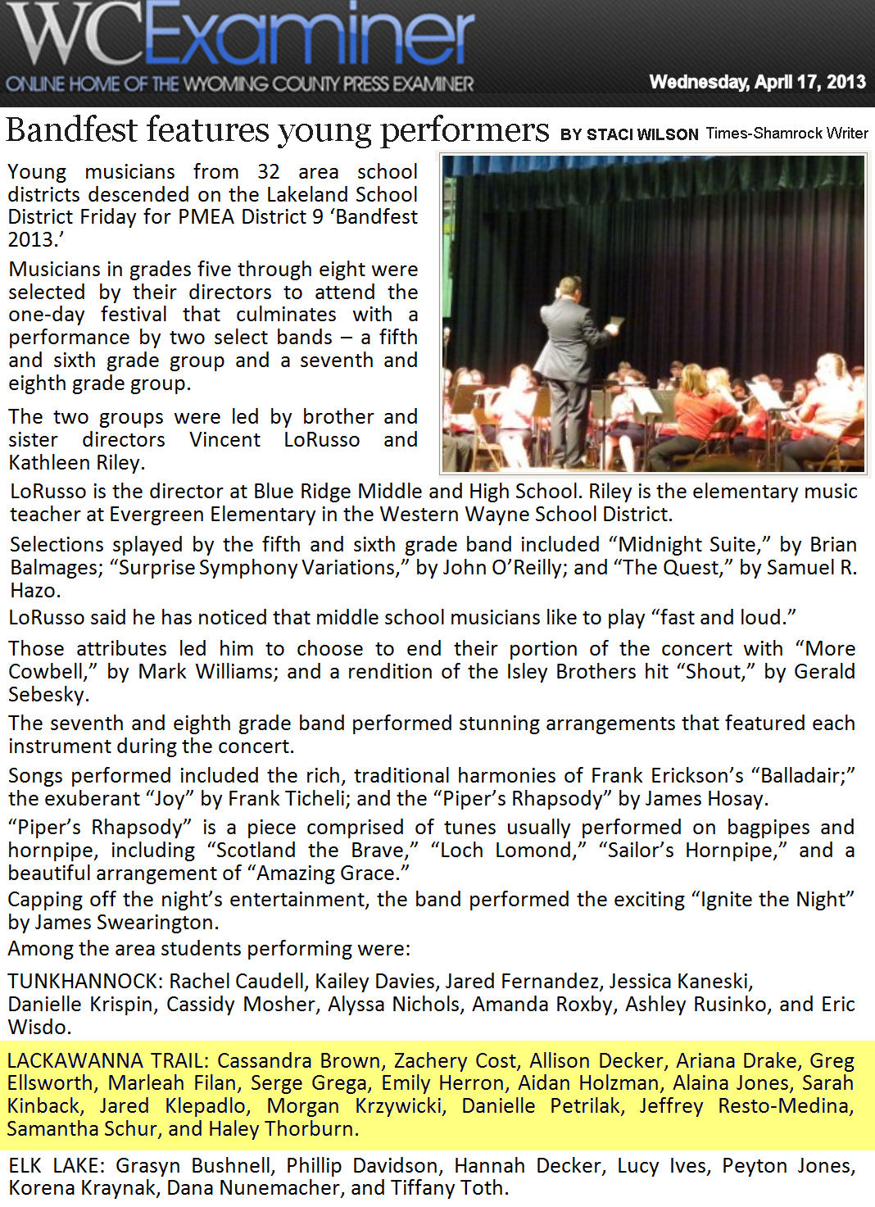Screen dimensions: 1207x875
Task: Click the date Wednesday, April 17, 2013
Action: pyautogui.click(x=757, y=82)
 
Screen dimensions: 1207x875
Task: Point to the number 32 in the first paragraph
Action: pyautogui.click(x=269, y=172)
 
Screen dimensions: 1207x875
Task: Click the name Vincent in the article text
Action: pyautogui.click(x=224, y=440)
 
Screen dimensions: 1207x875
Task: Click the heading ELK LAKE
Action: pyautogui.click(x=57, y=1166)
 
